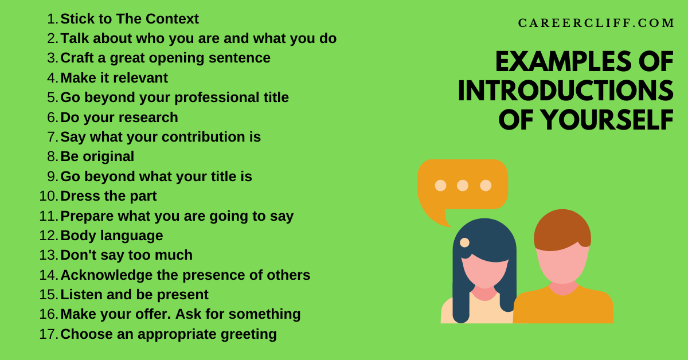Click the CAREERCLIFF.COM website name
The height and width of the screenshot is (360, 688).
pos(596,24)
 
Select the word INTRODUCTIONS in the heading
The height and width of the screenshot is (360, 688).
pos(565,91)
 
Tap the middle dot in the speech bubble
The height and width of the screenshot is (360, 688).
pos(463,185)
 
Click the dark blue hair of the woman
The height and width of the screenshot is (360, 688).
pos(484,235)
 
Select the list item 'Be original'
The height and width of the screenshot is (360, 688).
pos(97,156)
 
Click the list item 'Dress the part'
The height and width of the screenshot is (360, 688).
pos(108,196)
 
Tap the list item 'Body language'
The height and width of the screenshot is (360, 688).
pos(111,236)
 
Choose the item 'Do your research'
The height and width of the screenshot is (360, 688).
pos(119,118)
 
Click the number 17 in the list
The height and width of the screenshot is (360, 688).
pos(48,334)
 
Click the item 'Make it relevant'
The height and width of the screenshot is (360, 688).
pos(114,78)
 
